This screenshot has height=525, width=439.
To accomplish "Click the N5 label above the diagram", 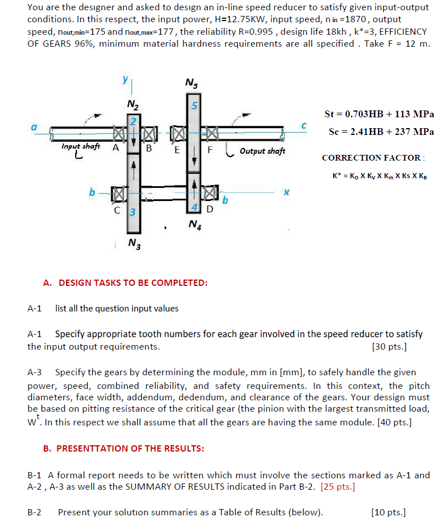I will point(192,84).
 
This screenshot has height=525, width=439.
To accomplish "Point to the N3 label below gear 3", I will point(134,244).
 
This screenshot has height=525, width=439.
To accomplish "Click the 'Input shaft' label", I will point(81,147).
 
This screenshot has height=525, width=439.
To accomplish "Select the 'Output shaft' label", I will point(262,151).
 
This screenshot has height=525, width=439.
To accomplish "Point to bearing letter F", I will point(210,151).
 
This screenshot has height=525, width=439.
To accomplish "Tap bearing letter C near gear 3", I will point(117,209).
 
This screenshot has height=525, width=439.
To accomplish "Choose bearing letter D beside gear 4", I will point(210,209).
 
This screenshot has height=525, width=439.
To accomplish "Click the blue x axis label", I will point(287,193).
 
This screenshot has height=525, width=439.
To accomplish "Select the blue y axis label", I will point(124,81).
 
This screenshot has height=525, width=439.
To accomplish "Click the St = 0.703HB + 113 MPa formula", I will point(379,114).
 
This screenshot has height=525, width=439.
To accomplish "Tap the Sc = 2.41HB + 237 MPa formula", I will point(381,132).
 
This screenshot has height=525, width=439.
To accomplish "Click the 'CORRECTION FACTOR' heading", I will point(373,158).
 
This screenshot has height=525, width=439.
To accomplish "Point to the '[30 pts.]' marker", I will point(388,346).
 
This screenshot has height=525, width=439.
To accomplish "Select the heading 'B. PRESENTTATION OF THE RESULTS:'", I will point(124,448).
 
